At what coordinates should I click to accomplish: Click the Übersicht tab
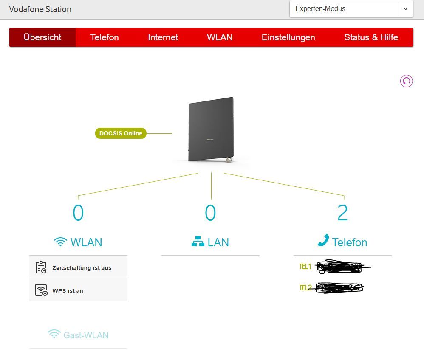pos(42,37)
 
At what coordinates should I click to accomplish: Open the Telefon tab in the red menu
pos(104,37)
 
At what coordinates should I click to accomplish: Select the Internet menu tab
pos(163,37)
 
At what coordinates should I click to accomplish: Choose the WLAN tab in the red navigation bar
pos(220,37)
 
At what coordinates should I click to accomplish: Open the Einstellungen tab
pos(288,37)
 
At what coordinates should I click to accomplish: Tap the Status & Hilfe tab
pos(371,37)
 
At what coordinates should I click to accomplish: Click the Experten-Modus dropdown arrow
pos(405,9)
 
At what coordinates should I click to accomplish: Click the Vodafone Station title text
pos(40,9)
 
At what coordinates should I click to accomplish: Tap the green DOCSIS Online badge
pos(121,133)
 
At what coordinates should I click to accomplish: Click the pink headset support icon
pos(406,81)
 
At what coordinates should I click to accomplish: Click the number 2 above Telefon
pos(342,213)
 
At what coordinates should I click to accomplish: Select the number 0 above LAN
pos(210,213)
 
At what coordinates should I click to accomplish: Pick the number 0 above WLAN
pos(78,213)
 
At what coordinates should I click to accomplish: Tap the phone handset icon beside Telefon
pos(323,241)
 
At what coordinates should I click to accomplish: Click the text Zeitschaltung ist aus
pos(82,268)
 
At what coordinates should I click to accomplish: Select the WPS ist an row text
pos(68,291)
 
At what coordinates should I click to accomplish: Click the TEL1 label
pos(305,267)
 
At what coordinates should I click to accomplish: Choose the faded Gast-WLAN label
pos(86,335)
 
